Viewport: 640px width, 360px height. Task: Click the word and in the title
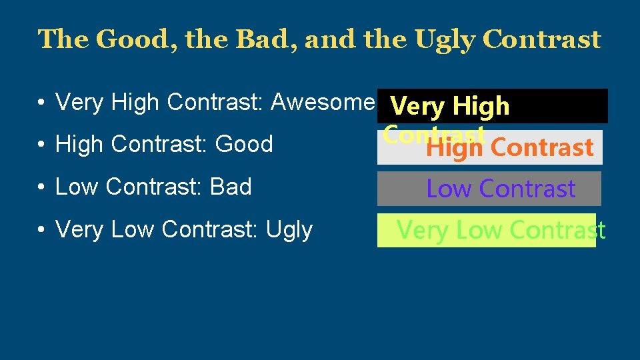(325, 40)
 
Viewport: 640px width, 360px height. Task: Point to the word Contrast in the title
(541, 40)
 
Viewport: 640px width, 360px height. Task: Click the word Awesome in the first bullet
(323, 102)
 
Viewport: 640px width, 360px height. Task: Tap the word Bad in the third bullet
(231, 187)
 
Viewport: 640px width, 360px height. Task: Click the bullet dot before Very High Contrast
(41, 103)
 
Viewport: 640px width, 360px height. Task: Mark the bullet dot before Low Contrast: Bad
(41, 187)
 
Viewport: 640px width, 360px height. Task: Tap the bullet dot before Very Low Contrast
(41, 230)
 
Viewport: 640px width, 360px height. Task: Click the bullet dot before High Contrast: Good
(41, 145)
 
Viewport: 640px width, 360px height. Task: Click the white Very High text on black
(450, 106)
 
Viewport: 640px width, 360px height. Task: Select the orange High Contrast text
(510, 147)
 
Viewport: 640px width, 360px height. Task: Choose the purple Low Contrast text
(501, 189)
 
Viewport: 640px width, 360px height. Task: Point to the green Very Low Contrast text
(501, 231)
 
